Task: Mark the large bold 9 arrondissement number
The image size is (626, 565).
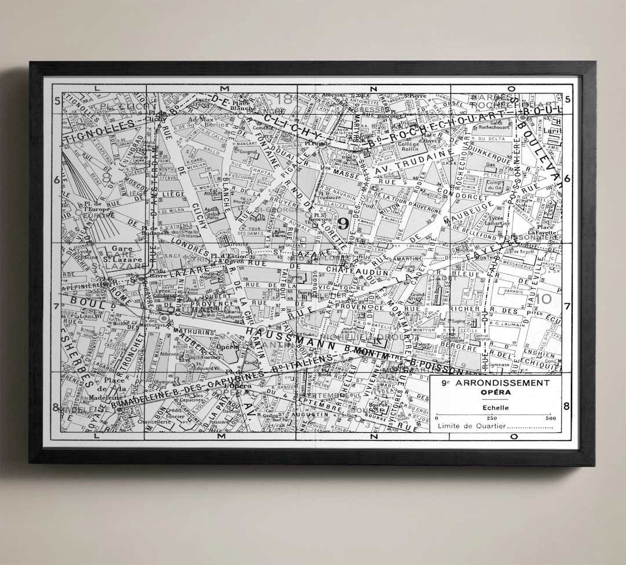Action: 343,224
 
